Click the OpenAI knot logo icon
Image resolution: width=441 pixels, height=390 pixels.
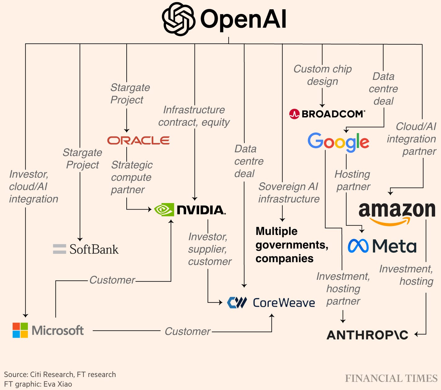[178, 19]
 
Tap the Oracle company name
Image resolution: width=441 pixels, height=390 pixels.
[138, 141]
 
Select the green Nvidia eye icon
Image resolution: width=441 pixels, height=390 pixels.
[164, 210]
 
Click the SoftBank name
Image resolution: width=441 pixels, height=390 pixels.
[94, 249]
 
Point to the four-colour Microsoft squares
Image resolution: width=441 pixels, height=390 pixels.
[20, 330]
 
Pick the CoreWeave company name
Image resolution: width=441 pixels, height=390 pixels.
[284, 303]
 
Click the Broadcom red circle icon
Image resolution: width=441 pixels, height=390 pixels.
[294, 114]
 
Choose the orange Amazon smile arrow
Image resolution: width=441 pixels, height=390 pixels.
[391, 221]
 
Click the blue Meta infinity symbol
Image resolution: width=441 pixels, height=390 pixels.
[358, 246]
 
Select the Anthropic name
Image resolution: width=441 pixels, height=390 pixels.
[367, 335]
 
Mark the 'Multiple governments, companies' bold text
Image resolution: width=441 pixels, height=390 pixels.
[291, 245]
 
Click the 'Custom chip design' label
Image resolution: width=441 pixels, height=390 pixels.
[322, 75]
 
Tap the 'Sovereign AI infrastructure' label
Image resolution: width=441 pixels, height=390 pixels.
[289, 193]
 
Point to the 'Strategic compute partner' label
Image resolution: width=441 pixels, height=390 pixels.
[131, 177]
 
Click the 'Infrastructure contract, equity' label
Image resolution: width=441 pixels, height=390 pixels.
[194, 116]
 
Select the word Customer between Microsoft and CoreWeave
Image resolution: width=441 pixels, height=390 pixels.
[187, 331]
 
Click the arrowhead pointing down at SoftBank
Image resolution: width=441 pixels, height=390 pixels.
[80, 239]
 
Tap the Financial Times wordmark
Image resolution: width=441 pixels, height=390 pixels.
[391, 378]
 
